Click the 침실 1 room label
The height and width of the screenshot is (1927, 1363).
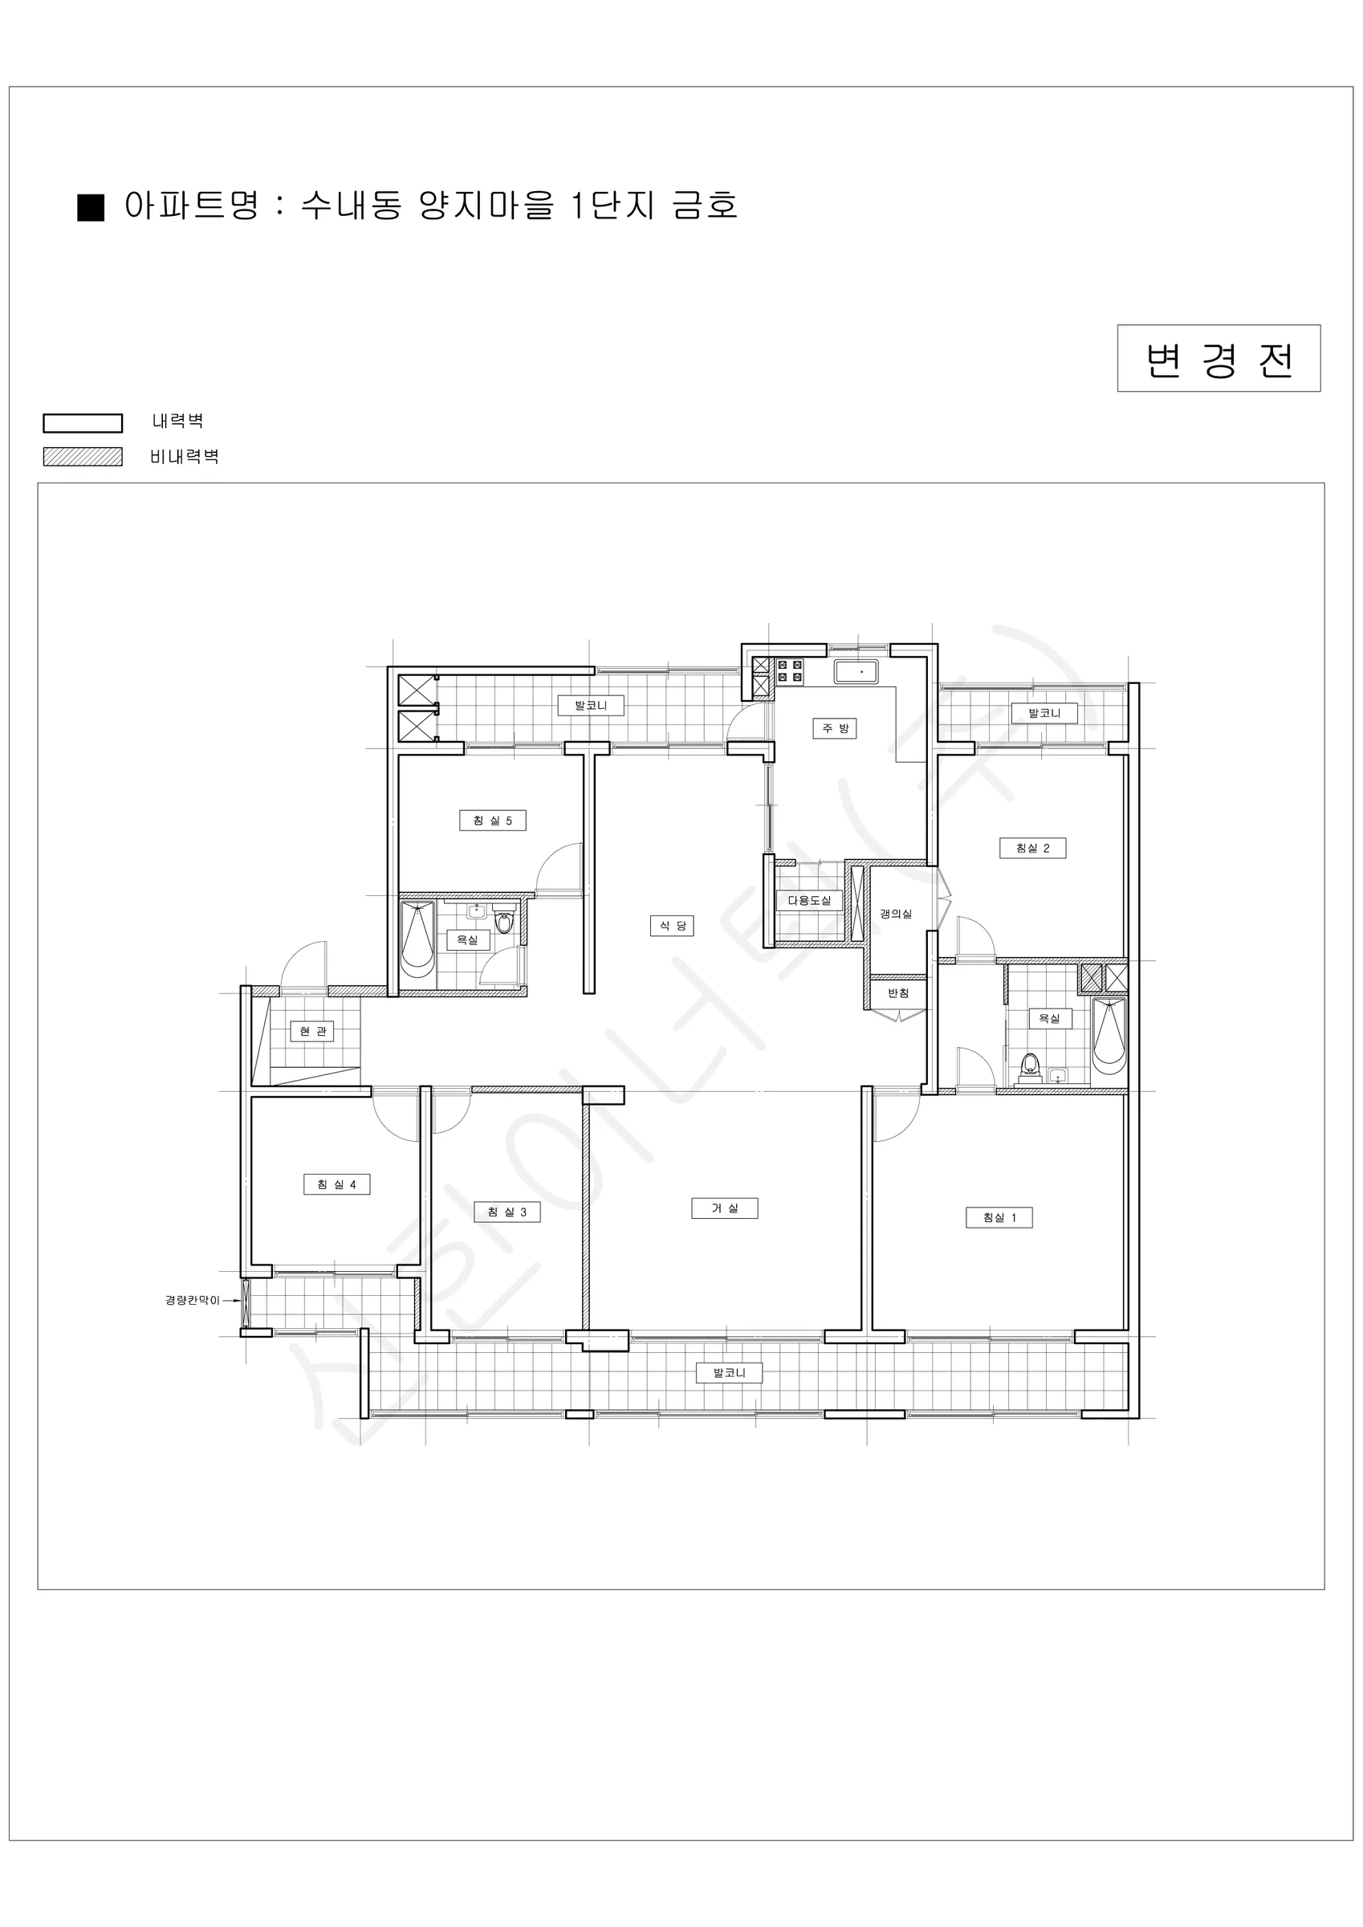click(999, 1218)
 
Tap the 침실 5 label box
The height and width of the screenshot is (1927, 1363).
click(493, 821)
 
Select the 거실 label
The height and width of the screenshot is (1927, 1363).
click(724, 1208)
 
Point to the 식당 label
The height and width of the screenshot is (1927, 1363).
click(671, 926)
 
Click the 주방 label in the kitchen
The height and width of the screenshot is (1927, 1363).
click(834, 728)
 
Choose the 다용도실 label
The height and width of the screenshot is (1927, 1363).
click(809, 901)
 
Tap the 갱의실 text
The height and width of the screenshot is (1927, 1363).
click(896, 914)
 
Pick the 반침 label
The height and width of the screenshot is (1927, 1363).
click(898, 993)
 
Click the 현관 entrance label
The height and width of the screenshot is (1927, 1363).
click(312, 1032)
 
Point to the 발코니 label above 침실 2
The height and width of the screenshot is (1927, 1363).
click(1044, 714)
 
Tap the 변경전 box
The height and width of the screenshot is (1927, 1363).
click(1219, 358)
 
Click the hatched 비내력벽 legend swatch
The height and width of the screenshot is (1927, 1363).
click(83, 457)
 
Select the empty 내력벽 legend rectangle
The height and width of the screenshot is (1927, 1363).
click(83, 423)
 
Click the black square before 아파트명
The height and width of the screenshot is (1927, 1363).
click(91, 207)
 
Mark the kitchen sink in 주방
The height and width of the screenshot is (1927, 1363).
click(856, 672)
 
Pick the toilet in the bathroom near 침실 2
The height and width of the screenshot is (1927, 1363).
click(1030, 1065)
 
